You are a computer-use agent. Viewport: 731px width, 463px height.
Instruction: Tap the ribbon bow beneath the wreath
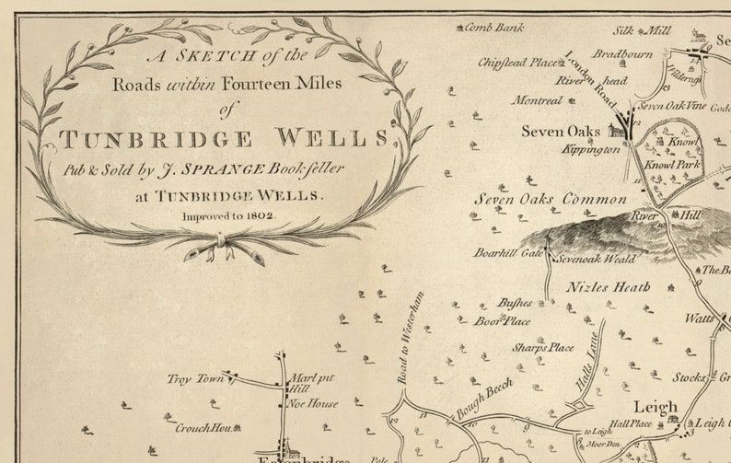[x=222, y=241]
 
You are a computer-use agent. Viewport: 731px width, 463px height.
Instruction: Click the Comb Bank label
[x=493, y=28]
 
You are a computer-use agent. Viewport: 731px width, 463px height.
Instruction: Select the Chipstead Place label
[x=517, y=63]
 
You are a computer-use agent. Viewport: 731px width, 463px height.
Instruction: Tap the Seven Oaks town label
[x=563, y=132]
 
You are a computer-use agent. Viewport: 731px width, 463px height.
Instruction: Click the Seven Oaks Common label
[x=550, y=199]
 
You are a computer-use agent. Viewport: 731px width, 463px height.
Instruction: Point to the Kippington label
[x=591, y=149]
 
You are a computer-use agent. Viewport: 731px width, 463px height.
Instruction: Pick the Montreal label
[x=536, y=100]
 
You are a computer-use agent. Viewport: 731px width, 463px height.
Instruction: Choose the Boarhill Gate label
[x=508, y=252]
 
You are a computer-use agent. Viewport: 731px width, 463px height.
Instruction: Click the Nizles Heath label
[x=609, y=286]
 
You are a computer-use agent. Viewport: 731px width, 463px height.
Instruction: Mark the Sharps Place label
[x=543, y=348]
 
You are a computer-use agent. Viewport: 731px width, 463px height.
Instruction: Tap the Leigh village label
[x=656, y=406]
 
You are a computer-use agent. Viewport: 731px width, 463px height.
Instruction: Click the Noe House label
[x=313, y=403]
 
